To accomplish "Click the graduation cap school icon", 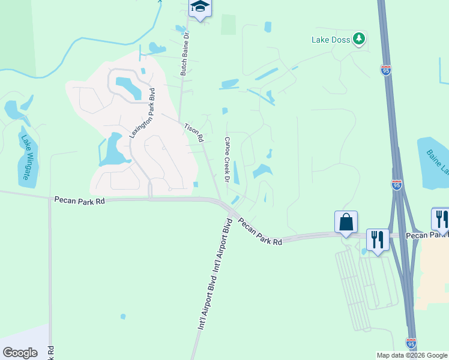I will click(x=200, y=7).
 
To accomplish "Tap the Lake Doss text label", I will click(x=330, y=40).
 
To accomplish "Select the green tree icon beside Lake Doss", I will click(x=359, y=39).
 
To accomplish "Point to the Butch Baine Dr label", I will click(x=184, y=54).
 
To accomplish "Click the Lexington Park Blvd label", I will click(x=142, y=113).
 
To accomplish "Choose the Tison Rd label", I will click(x=193, y=133).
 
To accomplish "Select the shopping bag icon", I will click(x=346, y=222).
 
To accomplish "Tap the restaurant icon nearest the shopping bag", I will click(x=378, y=239).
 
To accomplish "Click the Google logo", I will click(x=20, y=353).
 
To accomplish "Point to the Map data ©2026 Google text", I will click(x=411, y=355).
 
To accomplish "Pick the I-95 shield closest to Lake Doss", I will click(x=386, y=70).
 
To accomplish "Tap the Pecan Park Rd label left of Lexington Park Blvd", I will click(x=79, y=200).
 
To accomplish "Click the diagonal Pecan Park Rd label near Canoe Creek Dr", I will click(x=260, y=232).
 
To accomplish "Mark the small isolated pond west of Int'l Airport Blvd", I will click(x=123, y=316).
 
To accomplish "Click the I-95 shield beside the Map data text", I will click(x=411, y=343).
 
